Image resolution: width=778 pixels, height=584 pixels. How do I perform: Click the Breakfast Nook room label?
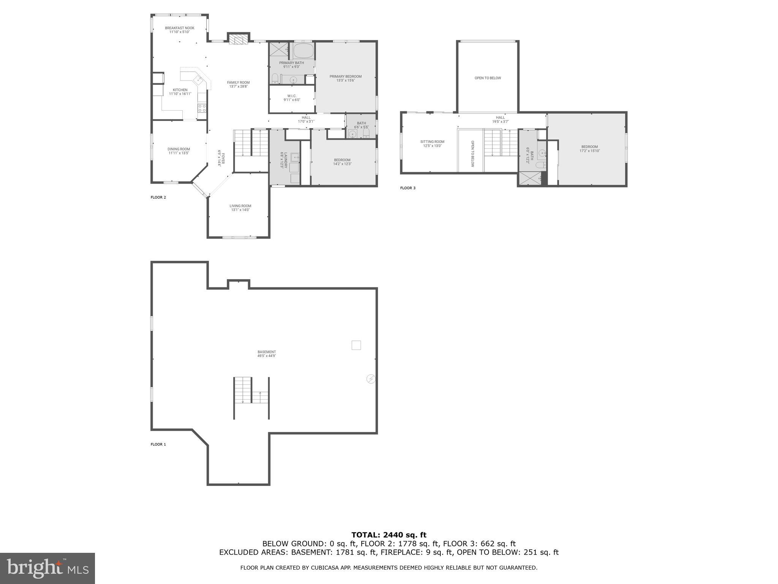tap(180, 28)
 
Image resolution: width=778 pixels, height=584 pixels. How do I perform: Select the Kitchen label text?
tap(180, 90)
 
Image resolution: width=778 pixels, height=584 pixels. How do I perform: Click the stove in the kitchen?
tap(202, 108)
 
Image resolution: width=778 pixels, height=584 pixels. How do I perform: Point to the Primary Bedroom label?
tap(345, 76)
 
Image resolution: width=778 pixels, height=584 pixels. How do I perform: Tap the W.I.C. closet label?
tap(292, 96)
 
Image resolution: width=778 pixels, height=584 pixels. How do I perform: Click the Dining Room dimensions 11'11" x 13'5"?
tap(179, 153)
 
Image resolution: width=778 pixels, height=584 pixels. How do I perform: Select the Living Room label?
tap(240, 206)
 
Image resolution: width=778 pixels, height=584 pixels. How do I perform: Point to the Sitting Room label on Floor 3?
tap(432, 141)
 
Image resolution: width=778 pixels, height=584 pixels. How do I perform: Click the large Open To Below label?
tap(488, 78)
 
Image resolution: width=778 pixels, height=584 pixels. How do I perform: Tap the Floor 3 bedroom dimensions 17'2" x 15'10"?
tap(590, 151)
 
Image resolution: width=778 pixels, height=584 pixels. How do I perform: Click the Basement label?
tap(267, 352)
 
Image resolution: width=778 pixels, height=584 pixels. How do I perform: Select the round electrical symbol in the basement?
tap(371, 379)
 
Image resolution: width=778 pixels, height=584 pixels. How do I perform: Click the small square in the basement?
tap(356, 345)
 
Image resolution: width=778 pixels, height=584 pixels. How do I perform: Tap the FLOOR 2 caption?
tap(158, 197)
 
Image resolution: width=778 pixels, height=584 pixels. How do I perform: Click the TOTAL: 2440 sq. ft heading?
tap(389, 535)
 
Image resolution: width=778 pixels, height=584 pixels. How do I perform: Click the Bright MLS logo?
tap(47, 568)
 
